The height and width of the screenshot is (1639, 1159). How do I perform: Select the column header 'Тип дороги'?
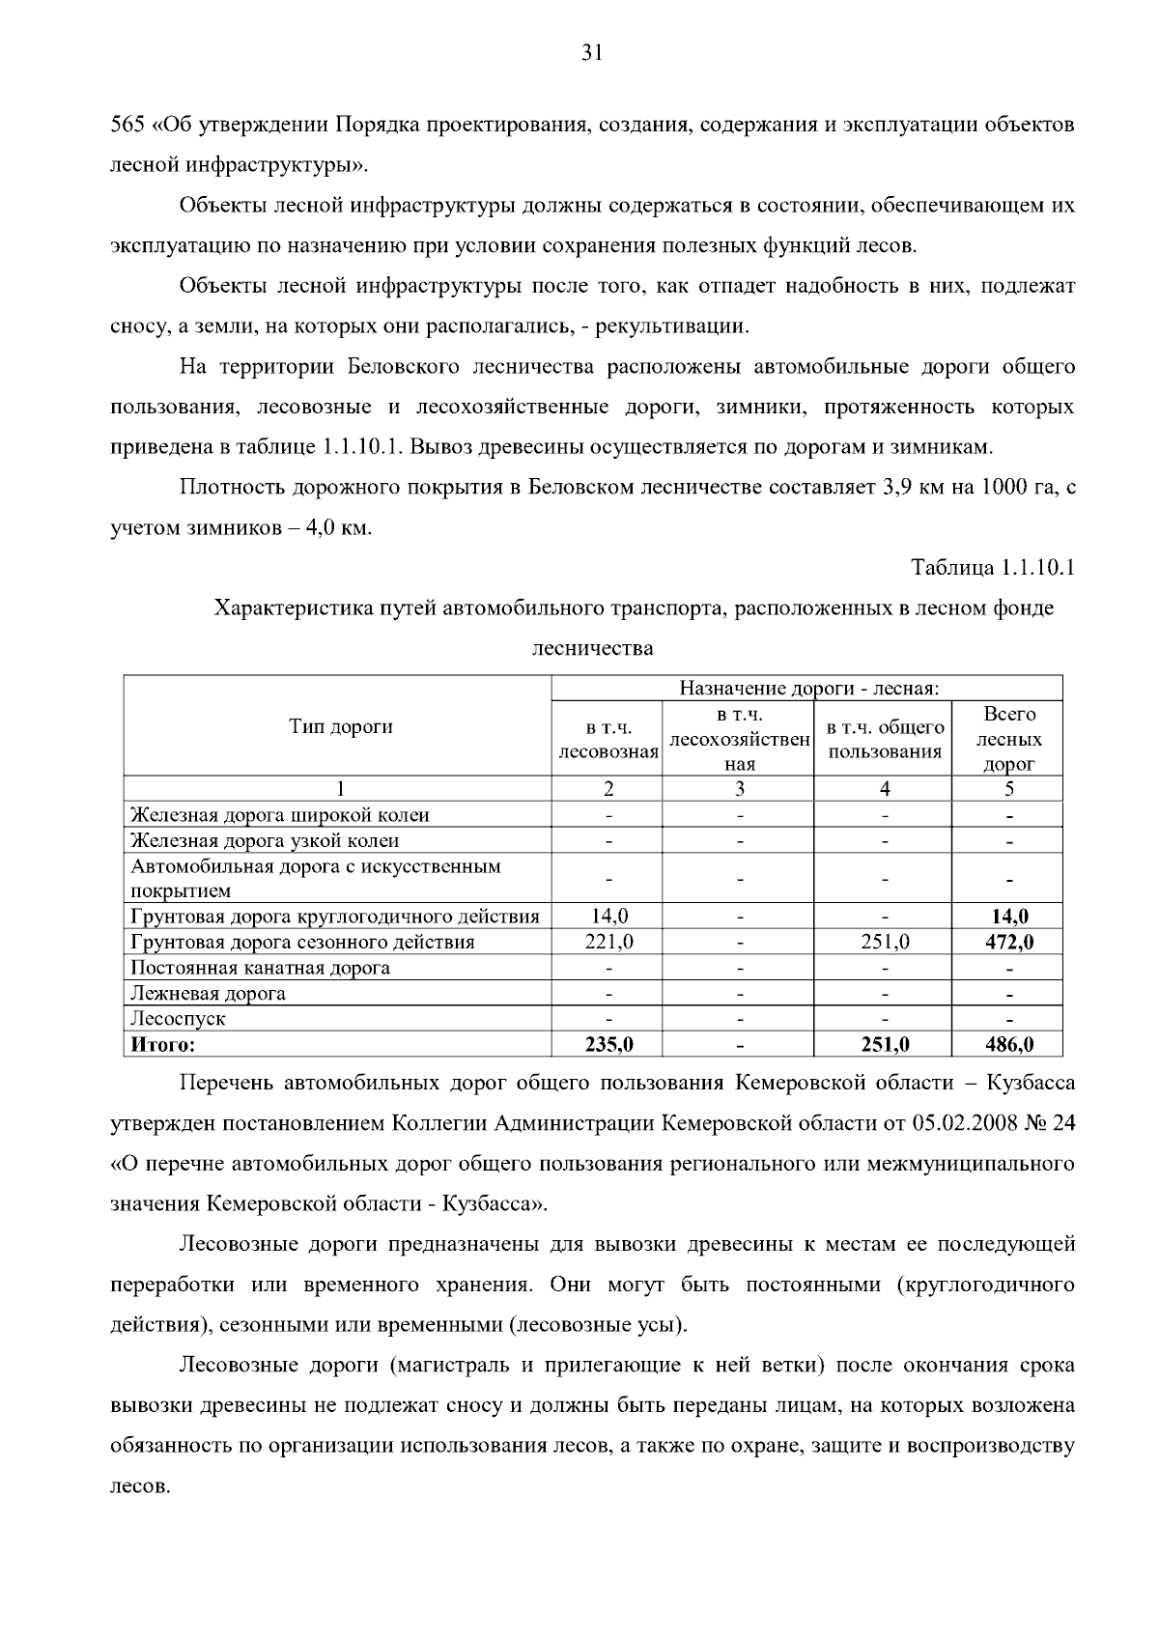341,727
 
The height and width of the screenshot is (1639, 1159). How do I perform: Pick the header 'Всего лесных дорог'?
1008,739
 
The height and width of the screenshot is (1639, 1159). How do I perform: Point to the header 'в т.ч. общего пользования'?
885,740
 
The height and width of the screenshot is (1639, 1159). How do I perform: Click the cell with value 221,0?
608,942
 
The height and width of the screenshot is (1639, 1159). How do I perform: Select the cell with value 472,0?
1009,942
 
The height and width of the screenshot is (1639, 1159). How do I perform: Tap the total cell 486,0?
1009,1044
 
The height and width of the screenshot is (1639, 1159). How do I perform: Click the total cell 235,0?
608,1044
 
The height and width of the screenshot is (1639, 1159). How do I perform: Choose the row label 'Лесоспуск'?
179,1019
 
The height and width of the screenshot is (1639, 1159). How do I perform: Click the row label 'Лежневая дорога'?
209,993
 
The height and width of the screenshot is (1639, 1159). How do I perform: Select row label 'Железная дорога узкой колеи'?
266,840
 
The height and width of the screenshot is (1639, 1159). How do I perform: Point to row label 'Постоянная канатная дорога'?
261,968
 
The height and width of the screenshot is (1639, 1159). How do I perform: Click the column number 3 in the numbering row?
739,789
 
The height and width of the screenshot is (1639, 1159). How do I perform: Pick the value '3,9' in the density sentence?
898,487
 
